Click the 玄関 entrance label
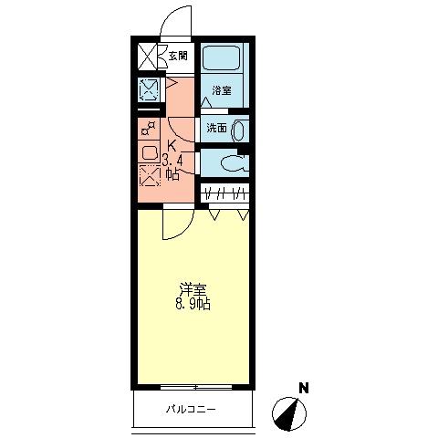tap(178, 57)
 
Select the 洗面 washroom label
tap(216, 128)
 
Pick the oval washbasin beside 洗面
tap(240, 129)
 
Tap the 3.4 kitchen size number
tap(172, 162)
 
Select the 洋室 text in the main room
tap(192, 289)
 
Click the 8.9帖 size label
tap(193, 305)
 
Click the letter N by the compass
tap(303, 388)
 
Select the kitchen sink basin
tap(150, 152)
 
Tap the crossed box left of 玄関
tap(148, 57)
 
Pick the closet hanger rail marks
tap(225, 193)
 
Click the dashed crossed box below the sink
tap(149, 174)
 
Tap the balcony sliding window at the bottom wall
tap(193, 387)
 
